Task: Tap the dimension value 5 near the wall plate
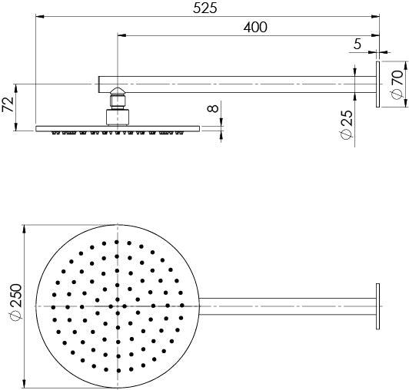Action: coord(357,45)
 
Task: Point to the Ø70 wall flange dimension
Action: coord(396,83)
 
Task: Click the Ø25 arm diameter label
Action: coord(346,124)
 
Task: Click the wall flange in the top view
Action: coord(378,306)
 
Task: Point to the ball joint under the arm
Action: coord(117,99)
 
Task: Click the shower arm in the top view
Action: coord(284,306)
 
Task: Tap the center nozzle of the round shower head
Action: coord(117,306)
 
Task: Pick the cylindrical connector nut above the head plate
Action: coord(117,116)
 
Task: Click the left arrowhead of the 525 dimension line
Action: coord(39,16)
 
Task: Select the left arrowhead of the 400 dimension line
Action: coord(120,35)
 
